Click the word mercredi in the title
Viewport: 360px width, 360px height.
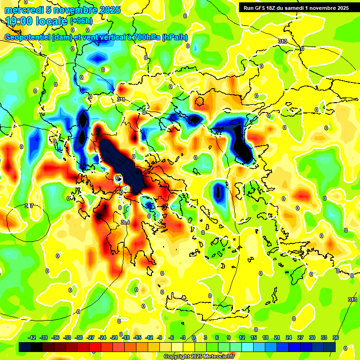[x=24, y=10]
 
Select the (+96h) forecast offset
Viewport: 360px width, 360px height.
[x=81, y=21]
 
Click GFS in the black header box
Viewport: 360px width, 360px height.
[x=261, y=7]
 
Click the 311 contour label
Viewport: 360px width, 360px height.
[x=121, y=99]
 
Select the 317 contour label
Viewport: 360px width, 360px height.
[x=29, y=206]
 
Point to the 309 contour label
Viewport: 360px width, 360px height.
[x=125, y=222]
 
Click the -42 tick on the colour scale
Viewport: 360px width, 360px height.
[x=32, y=337]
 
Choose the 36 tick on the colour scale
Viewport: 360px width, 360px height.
[x=336, y=337]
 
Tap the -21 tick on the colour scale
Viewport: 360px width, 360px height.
[x=114, y=337]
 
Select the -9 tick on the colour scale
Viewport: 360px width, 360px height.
[x=159, y=337]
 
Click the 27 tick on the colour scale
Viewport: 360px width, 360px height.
[x=300, y=337]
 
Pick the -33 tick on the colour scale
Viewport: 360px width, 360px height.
[x=67, y=337]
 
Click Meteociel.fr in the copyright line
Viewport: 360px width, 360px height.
[x=217, y=357]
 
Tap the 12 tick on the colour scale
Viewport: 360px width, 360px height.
[x=242, y=337]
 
